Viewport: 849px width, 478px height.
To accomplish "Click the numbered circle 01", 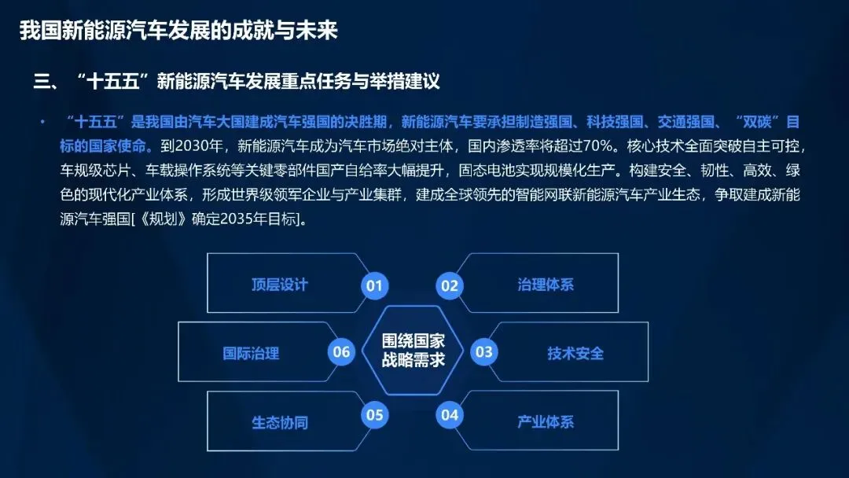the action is pyautogui.click(x=375, y=285).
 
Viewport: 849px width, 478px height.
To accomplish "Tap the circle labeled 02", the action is pyautogui.click(x=450, y=285).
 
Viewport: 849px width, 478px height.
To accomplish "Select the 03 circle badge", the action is pyautogui.click(x=484, y=352).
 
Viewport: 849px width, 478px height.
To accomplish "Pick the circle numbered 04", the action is pyautogui.click(x=450, y=415).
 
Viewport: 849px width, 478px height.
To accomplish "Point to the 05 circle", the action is pyautogui.click(x=375, y=415).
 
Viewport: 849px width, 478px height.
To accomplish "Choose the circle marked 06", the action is pyautogui.click(x=341, y=352).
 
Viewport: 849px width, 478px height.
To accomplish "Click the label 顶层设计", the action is pyautogui.click(x=279, y=285).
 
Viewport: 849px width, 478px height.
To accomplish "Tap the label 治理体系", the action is pyautogui.click(x=546, y=285).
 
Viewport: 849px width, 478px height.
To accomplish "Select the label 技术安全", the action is pyautogui.click(x=575, y=354).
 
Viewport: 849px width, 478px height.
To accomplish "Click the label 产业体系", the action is pyautogui.click(x=546, y=421).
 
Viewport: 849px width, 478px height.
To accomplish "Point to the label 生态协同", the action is pyautogui.click(x=279, y=422).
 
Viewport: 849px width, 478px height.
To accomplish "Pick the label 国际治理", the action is pyautogui.click(x=251, y=354).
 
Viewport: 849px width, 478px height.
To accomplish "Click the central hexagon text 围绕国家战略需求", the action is pyautogui.click(x=413, y=350).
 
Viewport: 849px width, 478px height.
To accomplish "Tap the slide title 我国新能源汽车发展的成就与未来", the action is pyautogui.click(x=178, y=31).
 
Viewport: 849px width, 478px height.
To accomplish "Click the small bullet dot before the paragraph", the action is pyautogui.click(x=42, y=122).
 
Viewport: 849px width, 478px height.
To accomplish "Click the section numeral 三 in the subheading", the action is pyautogui.click(x=42, y=82).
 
